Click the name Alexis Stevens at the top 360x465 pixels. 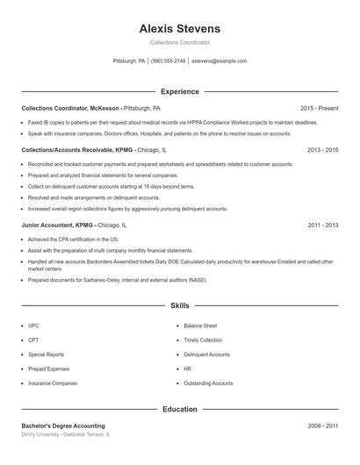click(x=180, y=28)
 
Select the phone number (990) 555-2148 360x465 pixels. click(x=168, y=61)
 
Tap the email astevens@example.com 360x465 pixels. click(x=219, y=61)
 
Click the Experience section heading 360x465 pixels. click(x=180, y=91)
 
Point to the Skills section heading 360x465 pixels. click(x=180, y=306)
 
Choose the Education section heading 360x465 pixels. click(x=180, y=409)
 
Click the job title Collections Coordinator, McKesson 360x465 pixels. click(x=70, y=108)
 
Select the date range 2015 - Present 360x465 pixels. click(x=319, y=108)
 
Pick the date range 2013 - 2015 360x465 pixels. click(x=322, y=150)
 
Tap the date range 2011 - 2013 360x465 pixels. click(x=322, y=225)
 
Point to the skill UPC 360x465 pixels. click(x=33, y=325)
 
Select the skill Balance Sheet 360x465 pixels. click(x=201, y=325)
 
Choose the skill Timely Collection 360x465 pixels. click(x=203, y=340)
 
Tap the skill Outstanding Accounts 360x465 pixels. click(x=208, y=383)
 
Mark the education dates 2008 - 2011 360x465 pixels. click(x=322, y=426)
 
